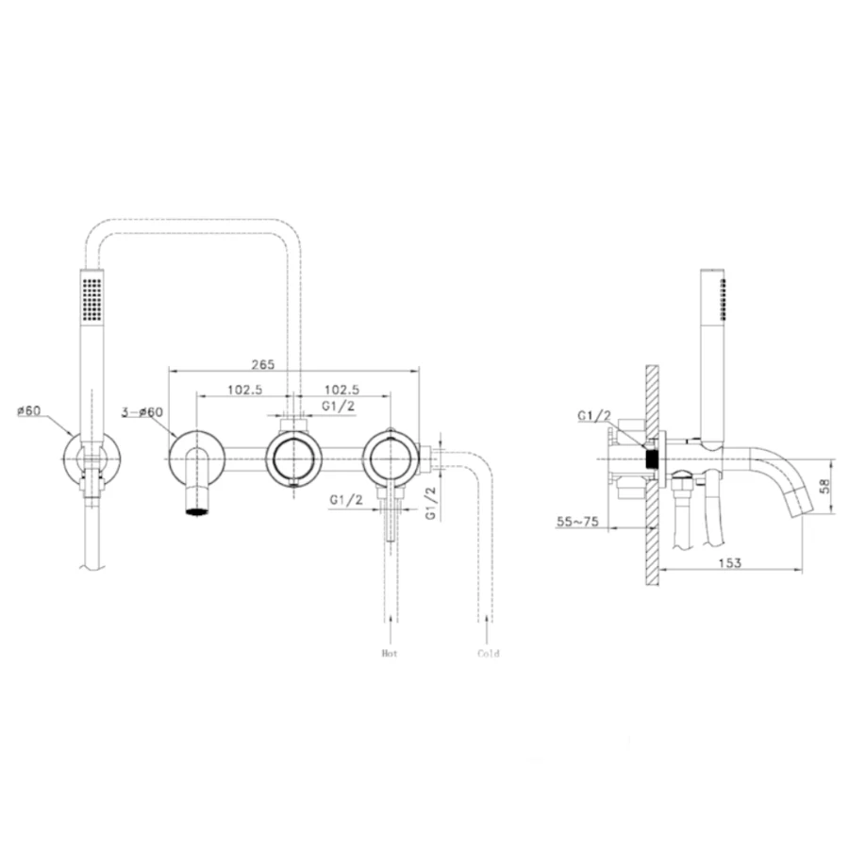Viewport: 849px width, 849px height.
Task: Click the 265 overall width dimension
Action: (263, 364)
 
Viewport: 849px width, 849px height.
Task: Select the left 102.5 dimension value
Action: (244, 390)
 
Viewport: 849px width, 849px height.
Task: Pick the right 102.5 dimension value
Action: (341, 390)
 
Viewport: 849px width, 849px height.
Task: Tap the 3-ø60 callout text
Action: (141, 412)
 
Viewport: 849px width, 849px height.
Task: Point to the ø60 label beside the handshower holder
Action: (28, 411)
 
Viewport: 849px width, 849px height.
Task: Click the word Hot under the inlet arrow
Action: (390, 653)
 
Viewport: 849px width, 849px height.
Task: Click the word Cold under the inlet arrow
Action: (489, 653)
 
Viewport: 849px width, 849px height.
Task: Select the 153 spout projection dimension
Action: (730, 563)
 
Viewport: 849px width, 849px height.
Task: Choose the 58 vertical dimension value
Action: (825, 486)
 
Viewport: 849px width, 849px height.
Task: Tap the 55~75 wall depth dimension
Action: (577, 522)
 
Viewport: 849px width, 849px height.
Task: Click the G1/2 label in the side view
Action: (594, 416)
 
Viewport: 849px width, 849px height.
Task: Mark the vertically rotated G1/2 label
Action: (431, 503)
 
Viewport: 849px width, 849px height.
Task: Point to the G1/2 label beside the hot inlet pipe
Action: (346, 500)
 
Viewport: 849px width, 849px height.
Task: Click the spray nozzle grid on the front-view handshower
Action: (92, 298)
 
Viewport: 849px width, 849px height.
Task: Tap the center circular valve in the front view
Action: (293, 459)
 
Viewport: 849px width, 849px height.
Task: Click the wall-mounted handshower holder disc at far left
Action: (92, 459)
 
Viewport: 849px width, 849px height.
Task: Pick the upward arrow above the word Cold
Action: (489, 629)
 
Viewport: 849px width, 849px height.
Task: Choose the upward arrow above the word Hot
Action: (391, 629)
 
